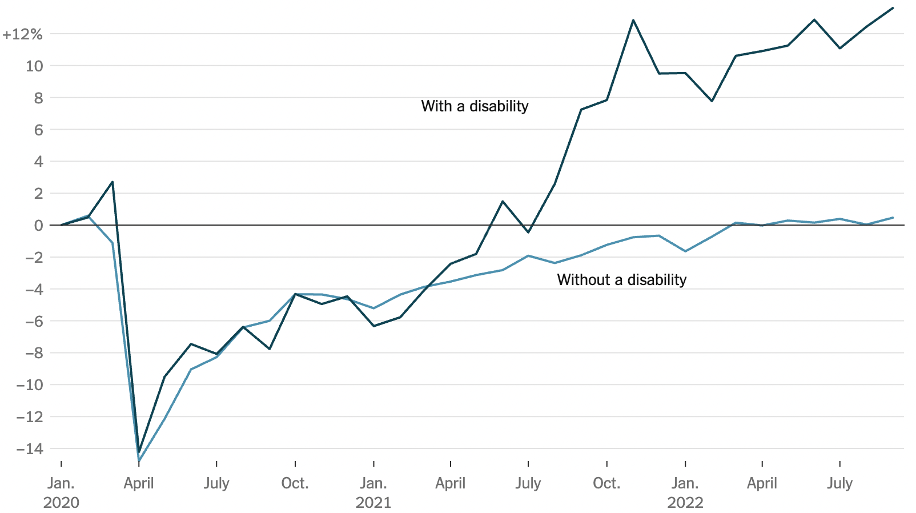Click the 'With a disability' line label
click(x=475, y=106)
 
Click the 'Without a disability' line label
click(x=621, y=280)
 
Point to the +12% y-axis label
click(x=22, y=35)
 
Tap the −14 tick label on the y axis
click(x=29, y=449)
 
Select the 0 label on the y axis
click(x=38, y=226)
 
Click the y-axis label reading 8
click(x=38, y=98)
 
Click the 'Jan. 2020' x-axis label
click(x=61, y=492)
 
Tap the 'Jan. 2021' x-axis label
click(x=373, y=492)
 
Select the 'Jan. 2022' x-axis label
click(x=685, y=492)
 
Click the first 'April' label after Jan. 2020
click(x=139, y=483)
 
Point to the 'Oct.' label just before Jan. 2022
click(x=606, y=483)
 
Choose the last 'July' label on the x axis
click(x=839, y=483)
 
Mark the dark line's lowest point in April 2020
click(x=139, y=452)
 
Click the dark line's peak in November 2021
click(x=633, y=20)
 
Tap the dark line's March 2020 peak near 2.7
click(x=113, y=182)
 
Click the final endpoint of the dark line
click(x=893, y=8)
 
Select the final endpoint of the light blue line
click(x=893, y=218)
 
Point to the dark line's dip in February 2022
click(x=712, y=101)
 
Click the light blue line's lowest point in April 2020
click(x=139, y=460)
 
